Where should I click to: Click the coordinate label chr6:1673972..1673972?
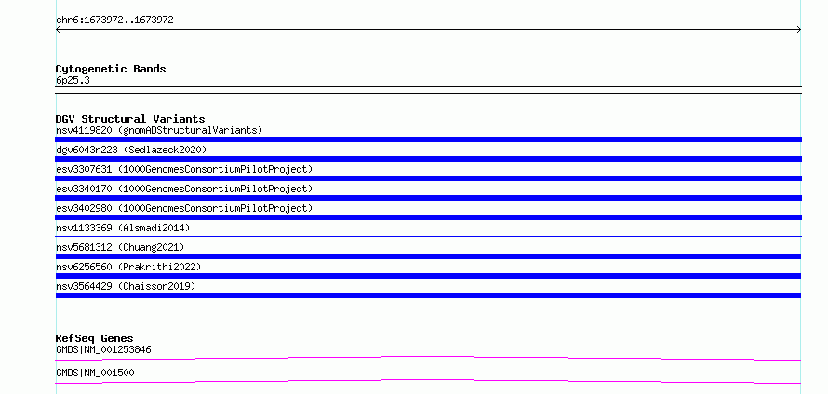[x=114, y=20]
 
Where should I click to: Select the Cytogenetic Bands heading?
[x=111, y=69]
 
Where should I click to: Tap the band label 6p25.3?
[x=73, y=80]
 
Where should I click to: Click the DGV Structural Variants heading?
[x=130, y=119]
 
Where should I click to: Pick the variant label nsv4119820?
[x=84, y=130]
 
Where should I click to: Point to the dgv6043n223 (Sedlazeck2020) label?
[x=131, y=150]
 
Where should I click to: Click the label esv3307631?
[x=84, y=169]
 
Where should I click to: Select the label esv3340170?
[x=84, y=189]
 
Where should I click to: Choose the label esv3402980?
[x=84, y=208]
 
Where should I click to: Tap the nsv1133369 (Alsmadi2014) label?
[x=123, y=228]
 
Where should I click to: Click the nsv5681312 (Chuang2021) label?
[x=120, y=247]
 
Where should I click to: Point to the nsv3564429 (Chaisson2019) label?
[x=126, y=286]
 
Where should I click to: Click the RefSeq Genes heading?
[x=95, y=338]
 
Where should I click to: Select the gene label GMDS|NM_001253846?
[x=103, y=349]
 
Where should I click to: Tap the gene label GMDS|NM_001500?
[x=95, y=373]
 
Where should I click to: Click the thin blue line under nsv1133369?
[x=428, y=236]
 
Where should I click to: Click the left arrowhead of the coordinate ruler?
[x=58, y=30]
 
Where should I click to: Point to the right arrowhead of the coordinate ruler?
[x=799, y=30]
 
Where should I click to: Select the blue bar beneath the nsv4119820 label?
[x=428, y=139]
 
